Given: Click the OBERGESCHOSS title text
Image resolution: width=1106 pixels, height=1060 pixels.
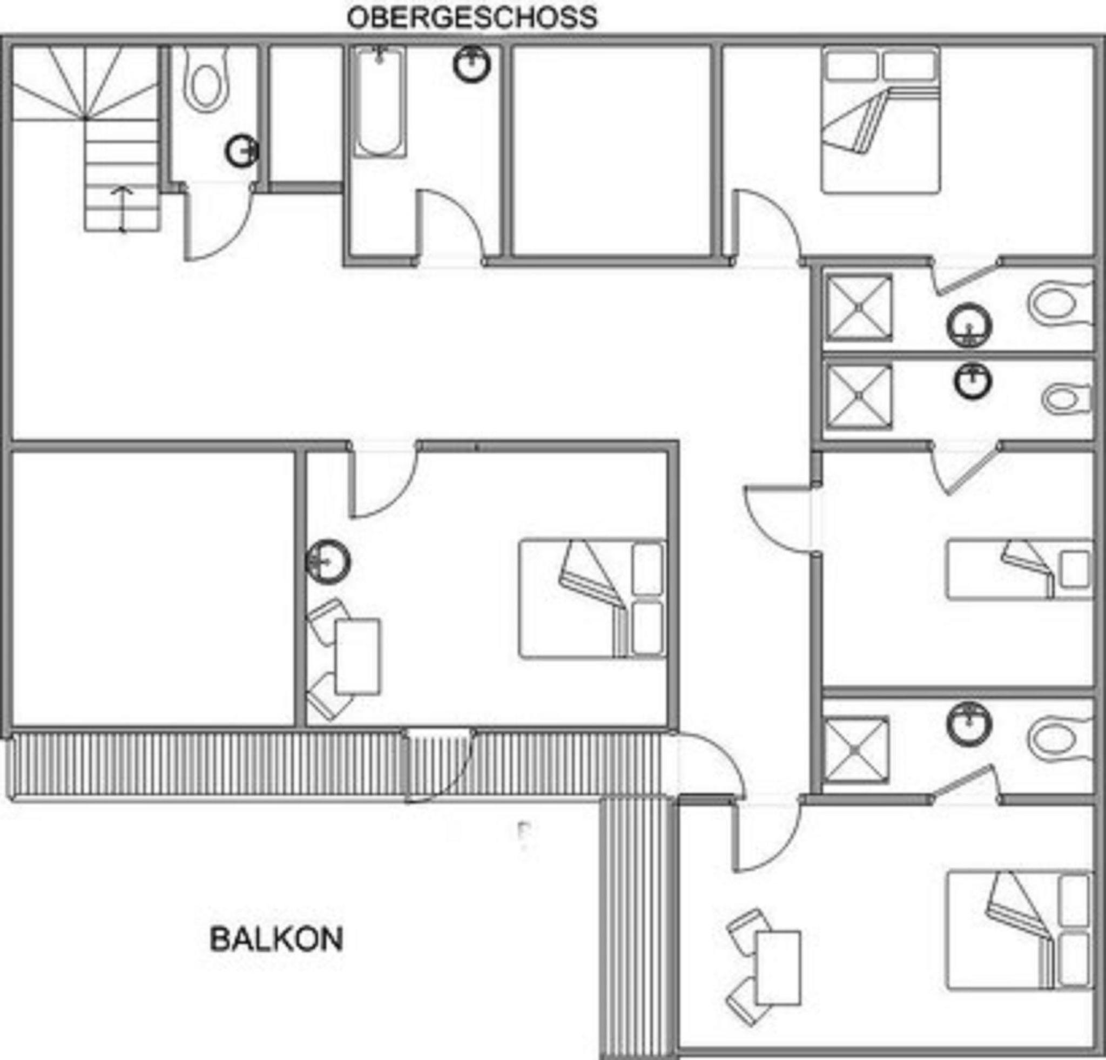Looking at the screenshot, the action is point(472,17).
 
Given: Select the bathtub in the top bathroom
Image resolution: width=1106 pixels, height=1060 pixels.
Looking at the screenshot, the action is point(380,101).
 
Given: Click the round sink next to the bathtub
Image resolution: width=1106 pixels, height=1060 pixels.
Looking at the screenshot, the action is point(472,64).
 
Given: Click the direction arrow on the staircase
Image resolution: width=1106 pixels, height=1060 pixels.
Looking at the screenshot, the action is point(122,210).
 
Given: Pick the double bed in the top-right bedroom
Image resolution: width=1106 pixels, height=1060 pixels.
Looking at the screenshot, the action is point(881,121).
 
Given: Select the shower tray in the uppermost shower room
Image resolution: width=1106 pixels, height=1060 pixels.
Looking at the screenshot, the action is point(859,308).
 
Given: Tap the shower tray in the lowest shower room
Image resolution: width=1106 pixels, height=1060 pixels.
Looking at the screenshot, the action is point(857,750).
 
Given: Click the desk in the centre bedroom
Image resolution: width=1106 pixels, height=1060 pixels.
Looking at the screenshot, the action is point(357,657).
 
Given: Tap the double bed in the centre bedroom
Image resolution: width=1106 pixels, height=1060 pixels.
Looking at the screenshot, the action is point(592,599).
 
